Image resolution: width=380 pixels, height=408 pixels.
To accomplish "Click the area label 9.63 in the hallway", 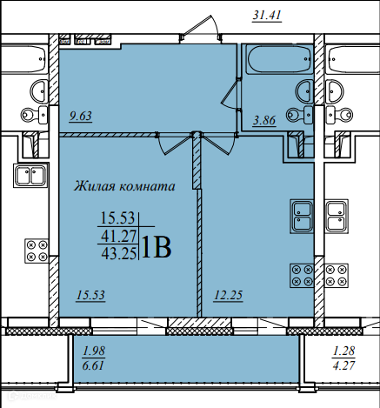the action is click(81, 116).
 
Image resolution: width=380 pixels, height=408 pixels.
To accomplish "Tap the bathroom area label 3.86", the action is click(264, 120).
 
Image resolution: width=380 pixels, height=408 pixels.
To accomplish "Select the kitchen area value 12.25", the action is click(229, 296).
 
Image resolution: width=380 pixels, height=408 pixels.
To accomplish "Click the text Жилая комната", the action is click(124, 186).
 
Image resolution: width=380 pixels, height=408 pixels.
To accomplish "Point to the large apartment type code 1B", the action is click(157, 247).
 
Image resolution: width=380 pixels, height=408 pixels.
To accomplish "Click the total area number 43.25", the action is click(119, 254).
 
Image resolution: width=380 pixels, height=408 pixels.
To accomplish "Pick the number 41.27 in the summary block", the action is click(119, 237).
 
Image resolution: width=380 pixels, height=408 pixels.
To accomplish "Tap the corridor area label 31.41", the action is click(267, 15).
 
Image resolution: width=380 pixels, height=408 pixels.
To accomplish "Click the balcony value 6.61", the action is click(93, 365).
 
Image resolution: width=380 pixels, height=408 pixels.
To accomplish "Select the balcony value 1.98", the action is click(94, 351).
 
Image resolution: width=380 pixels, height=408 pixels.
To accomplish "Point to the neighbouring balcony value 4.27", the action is click(343, 365).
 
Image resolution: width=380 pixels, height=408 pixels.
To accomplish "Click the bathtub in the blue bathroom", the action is click(279, 59).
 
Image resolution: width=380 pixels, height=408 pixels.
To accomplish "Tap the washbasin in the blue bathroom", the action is click(304, 91).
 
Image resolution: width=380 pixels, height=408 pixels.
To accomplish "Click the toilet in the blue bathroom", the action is click(300, 115).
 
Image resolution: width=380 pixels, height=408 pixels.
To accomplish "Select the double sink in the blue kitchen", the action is click(302, 217).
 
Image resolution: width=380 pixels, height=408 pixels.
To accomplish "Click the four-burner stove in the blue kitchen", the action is click(302, 276).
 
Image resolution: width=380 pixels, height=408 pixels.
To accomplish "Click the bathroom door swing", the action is click(230, 94).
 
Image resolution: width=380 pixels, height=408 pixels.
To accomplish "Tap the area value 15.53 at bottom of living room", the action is click(90, 296).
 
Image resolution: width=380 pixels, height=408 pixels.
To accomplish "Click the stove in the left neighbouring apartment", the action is click(37, 251).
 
